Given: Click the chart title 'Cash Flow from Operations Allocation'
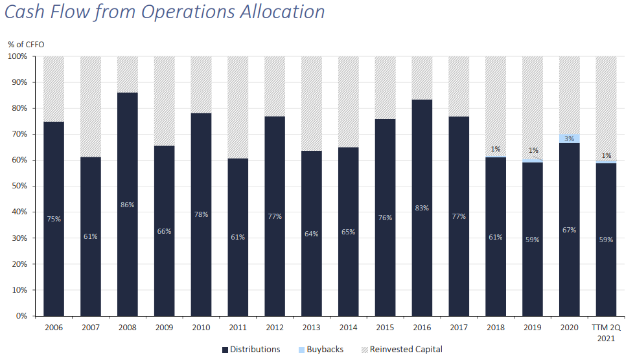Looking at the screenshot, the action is [x=165, y=12].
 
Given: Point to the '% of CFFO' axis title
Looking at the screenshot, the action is [x=26, y=45].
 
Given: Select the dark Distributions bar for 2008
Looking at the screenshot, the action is [x=128, y=204].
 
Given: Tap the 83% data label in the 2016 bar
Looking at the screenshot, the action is [x=422, y=208].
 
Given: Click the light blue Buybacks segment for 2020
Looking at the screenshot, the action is [x=570, y=139].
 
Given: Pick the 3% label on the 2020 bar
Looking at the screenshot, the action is [x=570, y=139].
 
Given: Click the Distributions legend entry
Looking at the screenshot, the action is [x=251, y=350].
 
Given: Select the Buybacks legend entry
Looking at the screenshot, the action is [x=321, y=350].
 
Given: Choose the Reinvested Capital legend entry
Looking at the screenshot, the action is [x=402, y=350].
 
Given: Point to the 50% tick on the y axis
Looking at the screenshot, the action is [x=19, y=186].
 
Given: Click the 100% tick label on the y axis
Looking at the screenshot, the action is [x=17, y=56].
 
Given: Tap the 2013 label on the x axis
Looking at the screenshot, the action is [x=312, y=328].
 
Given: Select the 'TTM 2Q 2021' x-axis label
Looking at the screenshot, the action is [x=606, y=333].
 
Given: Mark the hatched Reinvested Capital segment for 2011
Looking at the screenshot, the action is [x=238, y=107].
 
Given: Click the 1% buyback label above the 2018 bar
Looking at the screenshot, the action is [x=496, y=150].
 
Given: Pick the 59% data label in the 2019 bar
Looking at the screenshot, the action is [x=533, y=240].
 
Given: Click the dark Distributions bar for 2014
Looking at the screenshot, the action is [x=349, y=232].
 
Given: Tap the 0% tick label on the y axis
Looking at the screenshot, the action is [x=21, y=316].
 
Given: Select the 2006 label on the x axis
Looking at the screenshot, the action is [x=54, y=328].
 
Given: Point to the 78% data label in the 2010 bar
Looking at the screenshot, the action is [x=202, y=214].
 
